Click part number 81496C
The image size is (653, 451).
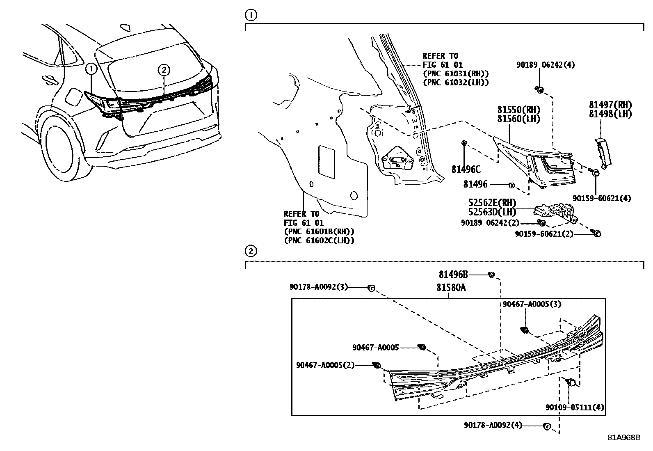pyautogui.click(x=466, y=169)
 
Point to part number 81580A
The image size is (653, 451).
pyautogui.click(x=451, y=288)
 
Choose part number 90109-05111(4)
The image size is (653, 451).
pyautogui.click(x=574, y=408)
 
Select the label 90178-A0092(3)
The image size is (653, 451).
pyautogui.click(x=319, y=287)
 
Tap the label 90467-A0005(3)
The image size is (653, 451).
pyautogui.click(x=532, y=304)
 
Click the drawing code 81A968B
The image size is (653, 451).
pyautogui.click(x=623, y=437)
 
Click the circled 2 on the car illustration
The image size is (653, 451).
pyautogui.click(x=163, y=70)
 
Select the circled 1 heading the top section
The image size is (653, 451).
pyautogui.click(x=251, y=16)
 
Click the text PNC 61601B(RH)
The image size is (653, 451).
pyautogui.click(x=319, y=231)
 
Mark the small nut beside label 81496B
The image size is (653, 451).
pyautogui.click(x=491, y=275)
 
